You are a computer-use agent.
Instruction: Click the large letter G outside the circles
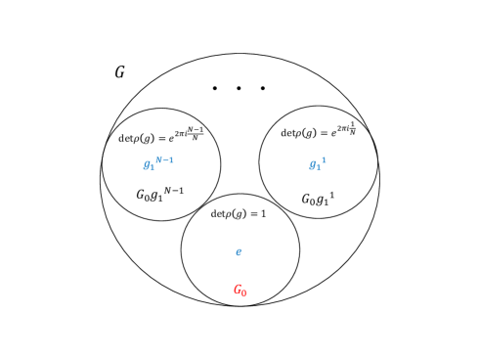(x=119, y=72)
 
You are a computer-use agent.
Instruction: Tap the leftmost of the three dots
(x=215, y=88)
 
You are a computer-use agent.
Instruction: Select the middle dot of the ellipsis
(x=239, y=88)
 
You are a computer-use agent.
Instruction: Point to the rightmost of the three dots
(x=263, y=88)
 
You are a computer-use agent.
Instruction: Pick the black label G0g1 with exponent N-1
(x=159, y=194)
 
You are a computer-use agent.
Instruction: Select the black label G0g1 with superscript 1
(x=318, y=200)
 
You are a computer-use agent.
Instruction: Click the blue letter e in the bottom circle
(x=239, y=252)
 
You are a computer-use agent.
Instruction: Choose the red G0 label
(x=240, y=291)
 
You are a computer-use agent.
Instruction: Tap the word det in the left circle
(x=126, y=138)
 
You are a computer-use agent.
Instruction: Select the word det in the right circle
(x=288, y=133)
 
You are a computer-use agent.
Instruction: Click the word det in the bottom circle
(x=219, y=213)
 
